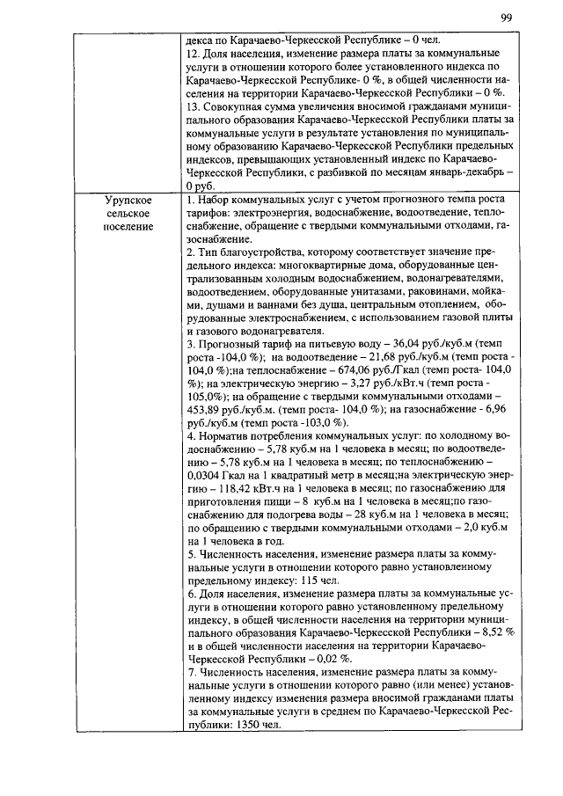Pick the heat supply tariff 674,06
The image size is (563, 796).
pos(364,371)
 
